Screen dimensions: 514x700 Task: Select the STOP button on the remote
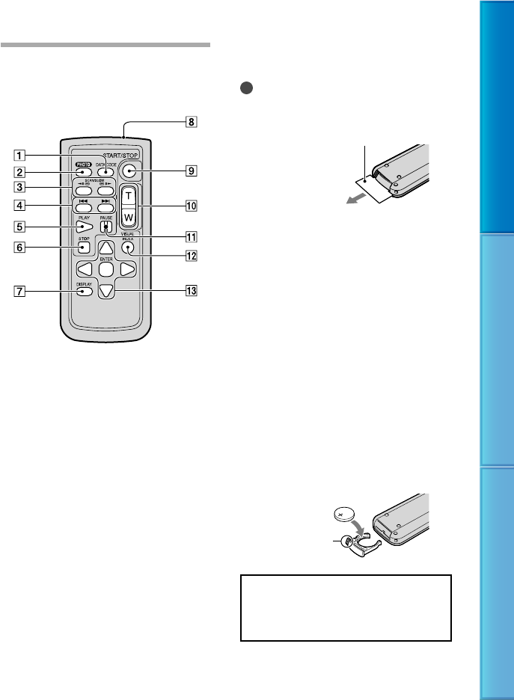click(x=82, y=247)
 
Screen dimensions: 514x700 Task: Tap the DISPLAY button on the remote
click(x=84, y=290)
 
